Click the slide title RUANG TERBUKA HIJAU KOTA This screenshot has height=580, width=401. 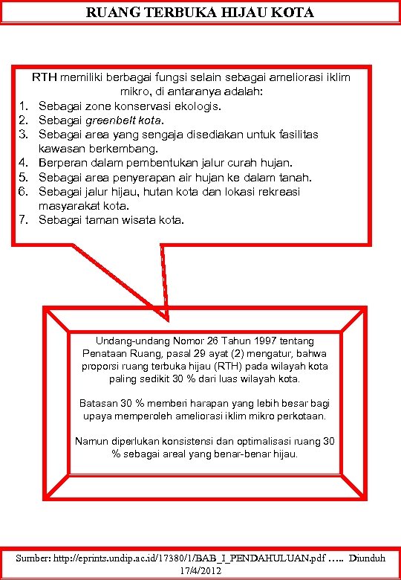tap(200, 13)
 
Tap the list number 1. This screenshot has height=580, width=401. tap(23, 106)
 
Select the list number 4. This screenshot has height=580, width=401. tap(23, 163)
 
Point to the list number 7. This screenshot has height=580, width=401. tap(23, 220)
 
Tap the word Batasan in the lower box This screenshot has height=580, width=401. tap(98, 403)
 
